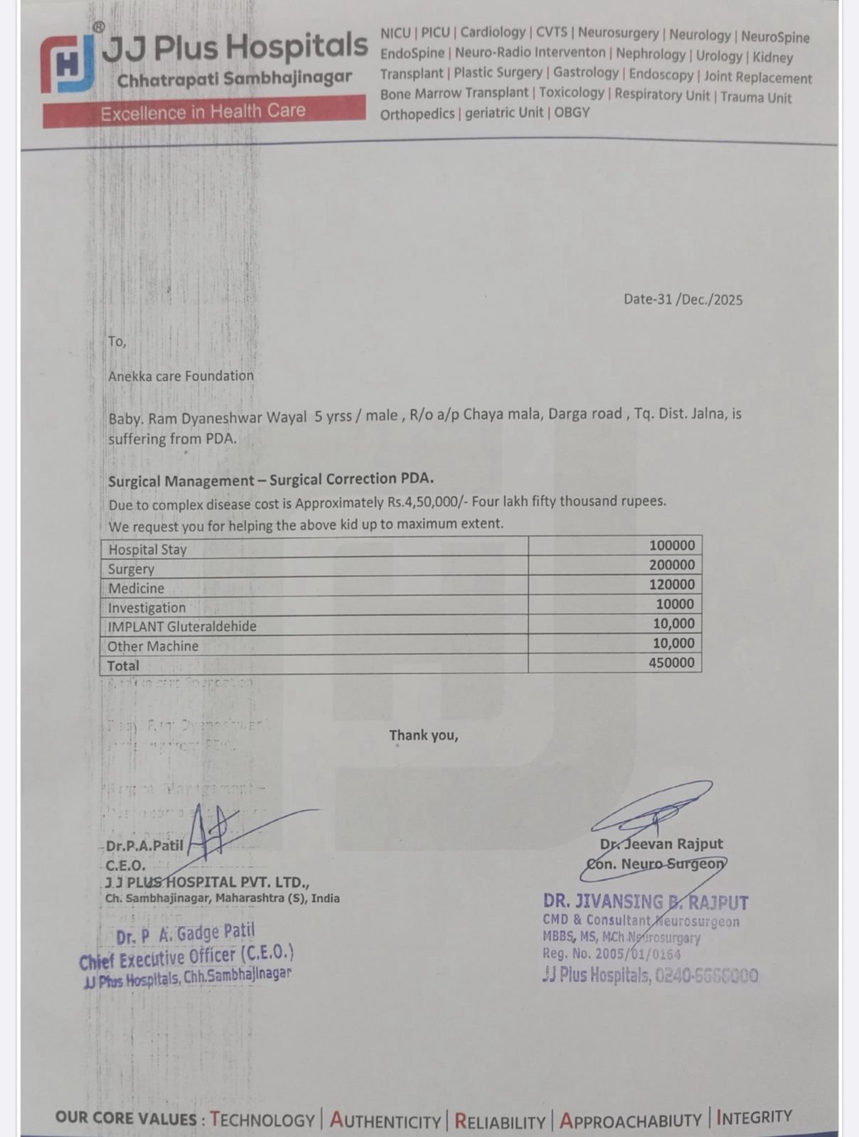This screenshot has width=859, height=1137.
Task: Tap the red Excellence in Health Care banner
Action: coord(203,112)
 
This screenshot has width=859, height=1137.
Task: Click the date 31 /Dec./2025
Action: coord(683,299)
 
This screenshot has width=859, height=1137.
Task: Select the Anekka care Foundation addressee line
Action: coord(181,376)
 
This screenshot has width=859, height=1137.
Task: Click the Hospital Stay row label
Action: coord(147,549)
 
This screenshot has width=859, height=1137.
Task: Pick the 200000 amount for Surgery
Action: coord(671,565)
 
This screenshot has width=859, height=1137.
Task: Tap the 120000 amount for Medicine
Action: coord(671,584)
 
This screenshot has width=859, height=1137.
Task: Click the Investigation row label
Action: coord(146,608)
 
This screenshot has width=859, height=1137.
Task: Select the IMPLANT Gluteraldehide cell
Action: coord(182,627)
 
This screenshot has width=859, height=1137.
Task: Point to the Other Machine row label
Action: coord(153,646)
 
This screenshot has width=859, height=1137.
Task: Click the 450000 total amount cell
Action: coord(671,662)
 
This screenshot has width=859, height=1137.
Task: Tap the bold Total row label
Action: coord(123,666)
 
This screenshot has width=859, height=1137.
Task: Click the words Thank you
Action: coord(423,735)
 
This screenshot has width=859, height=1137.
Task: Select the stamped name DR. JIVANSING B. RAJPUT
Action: coord(645,902)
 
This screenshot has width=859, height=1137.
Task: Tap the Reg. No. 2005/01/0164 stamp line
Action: coord(611,954)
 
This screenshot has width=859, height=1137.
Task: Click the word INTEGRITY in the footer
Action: coord(754,1117)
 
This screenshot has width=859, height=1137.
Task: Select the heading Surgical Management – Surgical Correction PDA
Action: coord(271,480)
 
